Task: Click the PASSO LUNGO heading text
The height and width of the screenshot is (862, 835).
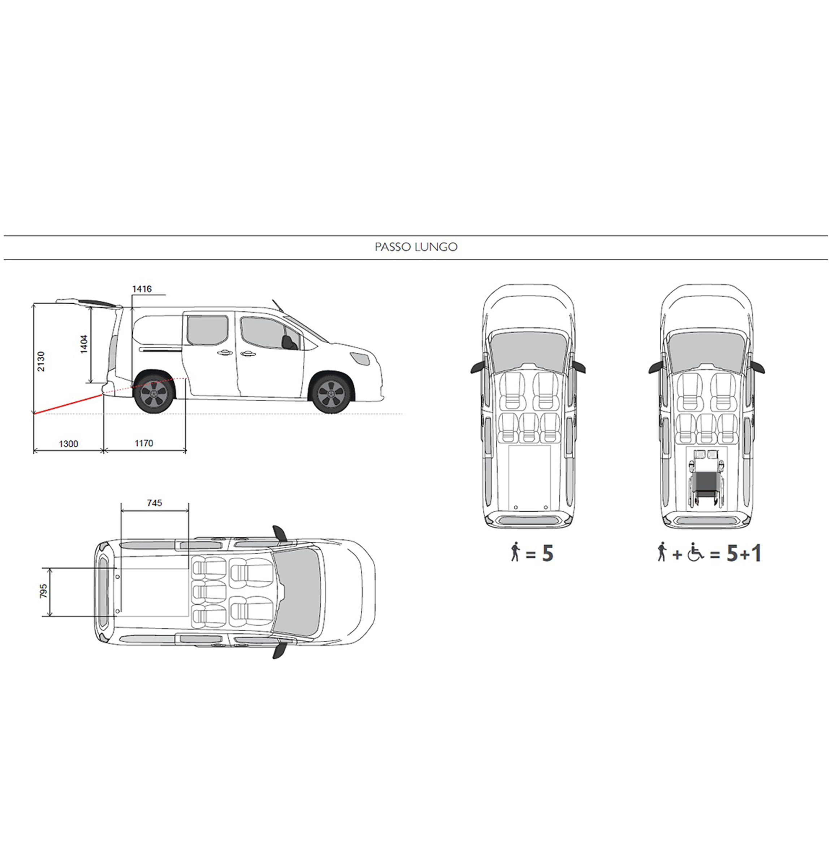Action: pyautogui.click(x=416, y=247)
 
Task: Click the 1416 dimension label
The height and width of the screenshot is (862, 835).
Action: pyautogui.click(x=142, y=289)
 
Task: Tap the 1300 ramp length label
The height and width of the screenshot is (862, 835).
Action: pyautogui.click(x=69, y=444)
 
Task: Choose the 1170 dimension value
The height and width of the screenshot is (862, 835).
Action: pyautogui.click(x=144, y=443)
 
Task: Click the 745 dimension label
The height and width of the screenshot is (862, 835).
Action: pyautogui.click(x=155, y=503)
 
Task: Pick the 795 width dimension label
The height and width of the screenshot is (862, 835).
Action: pyautogui.click(x=44, y=592)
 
